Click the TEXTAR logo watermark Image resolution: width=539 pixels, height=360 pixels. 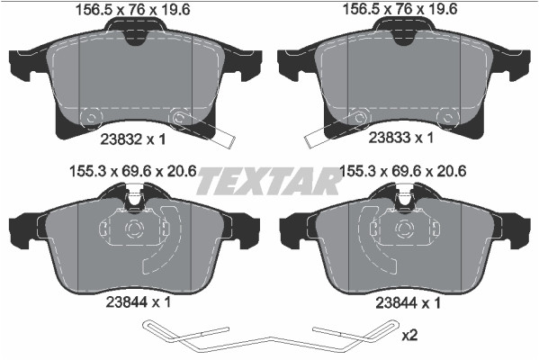(x=268, y=181)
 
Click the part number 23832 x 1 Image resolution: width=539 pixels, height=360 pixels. (x=133, y=139)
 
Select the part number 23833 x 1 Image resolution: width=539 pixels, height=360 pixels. (x=400, y=138)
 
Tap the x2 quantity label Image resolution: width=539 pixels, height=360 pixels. (x=409, y=335)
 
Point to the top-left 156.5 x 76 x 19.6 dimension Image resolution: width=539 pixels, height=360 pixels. (x=132, y=10)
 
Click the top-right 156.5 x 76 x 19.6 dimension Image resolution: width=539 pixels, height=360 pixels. (x=400, y=9)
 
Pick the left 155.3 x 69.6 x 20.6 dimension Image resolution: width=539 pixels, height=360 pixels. (x=132, y=171)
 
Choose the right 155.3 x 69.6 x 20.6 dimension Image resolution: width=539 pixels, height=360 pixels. (x=402, y=171)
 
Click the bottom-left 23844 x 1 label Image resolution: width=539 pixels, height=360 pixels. (x=139, y=302)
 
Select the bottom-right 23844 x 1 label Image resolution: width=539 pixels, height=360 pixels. (x=408, y=303)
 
